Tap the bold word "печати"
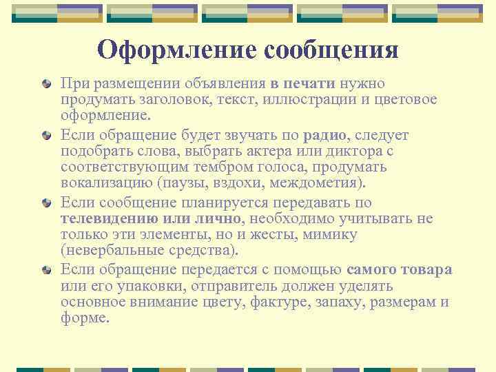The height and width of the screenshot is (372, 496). pyautogui.click(x=307, y=83)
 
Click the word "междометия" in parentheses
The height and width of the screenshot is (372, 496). pyautogui.click(x=320, y=184)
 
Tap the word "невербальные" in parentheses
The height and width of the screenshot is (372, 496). pyautogui.click(x=114, y=251)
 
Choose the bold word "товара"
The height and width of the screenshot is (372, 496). pyautogui.click(x=426, y=269)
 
